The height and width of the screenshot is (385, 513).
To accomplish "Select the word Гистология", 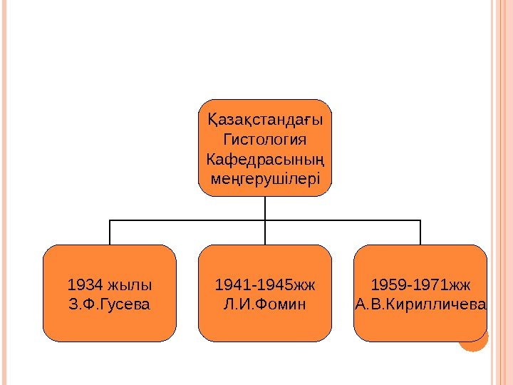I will tap(265, 137).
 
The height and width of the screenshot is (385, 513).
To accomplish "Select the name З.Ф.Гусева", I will tap(108, 305).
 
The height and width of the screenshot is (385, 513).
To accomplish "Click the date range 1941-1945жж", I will tap(265, 285).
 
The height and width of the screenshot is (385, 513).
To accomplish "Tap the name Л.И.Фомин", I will tap(265, 305).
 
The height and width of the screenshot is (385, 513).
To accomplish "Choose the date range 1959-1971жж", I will tap(420, 285).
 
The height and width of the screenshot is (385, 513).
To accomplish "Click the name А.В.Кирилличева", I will tap(420, 305).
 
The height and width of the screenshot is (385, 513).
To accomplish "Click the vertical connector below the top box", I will tap(265, 207).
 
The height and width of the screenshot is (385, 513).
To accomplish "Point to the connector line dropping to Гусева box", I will tap(110, 232).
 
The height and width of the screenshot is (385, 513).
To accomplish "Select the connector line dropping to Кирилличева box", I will tap(420, 232).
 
